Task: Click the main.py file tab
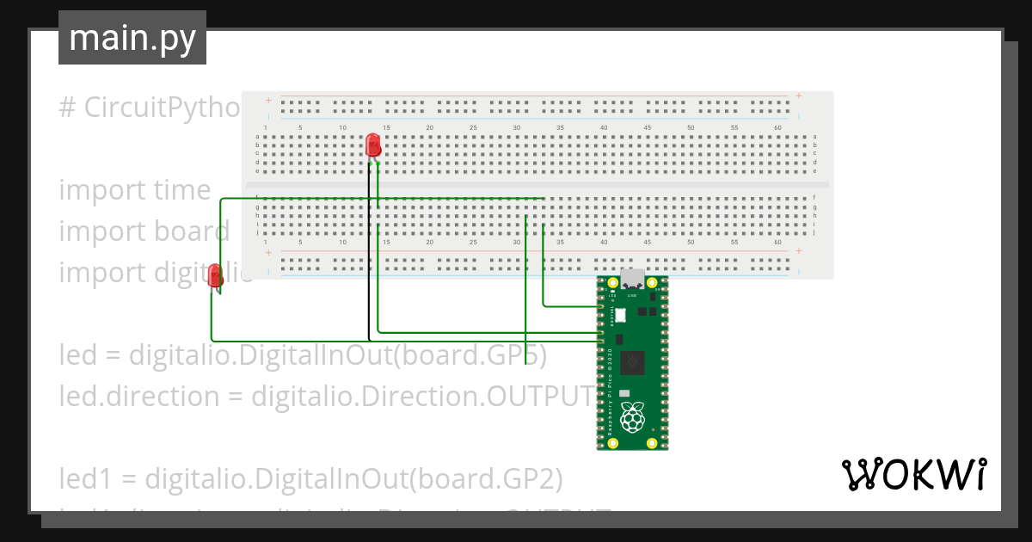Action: pos(132,39)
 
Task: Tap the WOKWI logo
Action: pos(912,474)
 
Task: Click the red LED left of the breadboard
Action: pos(215,275)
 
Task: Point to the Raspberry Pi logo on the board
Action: pos(633,418)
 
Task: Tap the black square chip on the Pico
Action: pos(633,362)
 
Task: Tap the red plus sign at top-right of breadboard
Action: pos(799,95)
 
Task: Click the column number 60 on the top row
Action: pos(777,128)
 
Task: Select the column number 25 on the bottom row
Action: pos(473,243)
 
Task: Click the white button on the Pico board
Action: pos(619,316)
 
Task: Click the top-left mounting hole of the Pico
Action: pos(613,283)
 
